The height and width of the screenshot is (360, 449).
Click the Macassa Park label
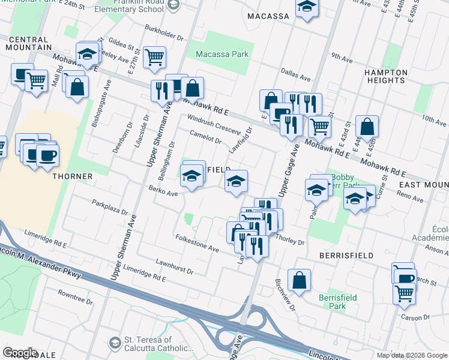click(x=222, y=55)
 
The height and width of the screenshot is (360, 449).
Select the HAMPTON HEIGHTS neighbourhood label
click(x=386, y=76)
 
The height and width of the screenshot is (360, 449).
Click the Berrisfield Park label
click(x=337, y=302)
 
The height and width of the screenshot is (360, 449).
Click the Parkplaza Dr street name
click(x=110, y=208)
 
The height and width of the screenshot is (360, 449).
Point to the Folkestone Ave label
click(x=197, y=244)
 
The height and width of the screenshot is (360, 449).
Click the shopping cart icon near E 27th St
click(x=155, y=58)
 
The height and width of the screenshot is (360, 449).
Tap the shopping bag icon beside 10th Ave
click(x=367, y=127)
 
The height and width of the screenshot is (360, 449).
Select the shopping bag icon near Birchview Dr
click(x=299, y=280)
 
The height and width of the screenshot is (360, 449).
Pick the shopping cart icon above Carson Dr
click(x=405, y=293)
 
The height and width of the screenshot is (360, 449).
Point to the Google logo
click(x=20, y=353)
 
